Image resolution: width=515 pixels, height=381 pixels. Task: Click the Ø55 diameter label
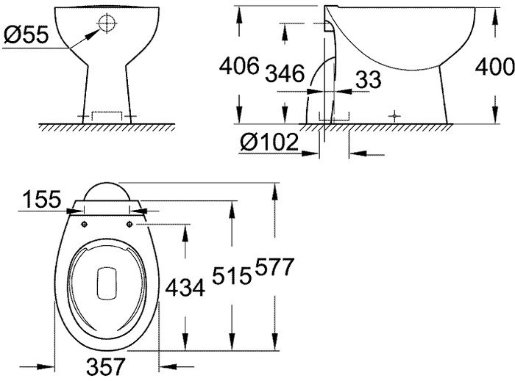[x=26, y=35]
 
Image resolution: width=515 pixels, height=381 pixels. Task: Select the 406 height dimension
[x=239, y=66]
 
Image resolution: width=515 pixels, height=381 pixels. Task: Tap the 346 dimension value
[x=285, y=73]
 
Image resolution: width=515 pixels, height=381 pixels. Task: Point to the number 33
[x=369, y=79]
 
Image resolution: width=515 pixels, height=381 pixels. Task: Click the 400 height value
[x=494, y=67]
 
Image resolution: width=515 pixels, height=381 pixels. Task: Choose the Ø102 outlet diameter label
[x=269, y=142]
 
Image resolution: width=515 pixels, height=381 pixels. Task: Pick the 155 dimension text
[x=42, y=199]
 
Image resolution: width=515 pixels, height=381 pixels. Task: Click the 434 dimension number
[x=185, y=289]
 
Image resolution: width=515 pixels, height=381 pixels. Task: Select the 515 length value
[x=232, y=275]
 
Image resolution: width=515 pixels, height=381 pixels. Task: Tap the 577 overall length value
[x=274, y=267]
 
